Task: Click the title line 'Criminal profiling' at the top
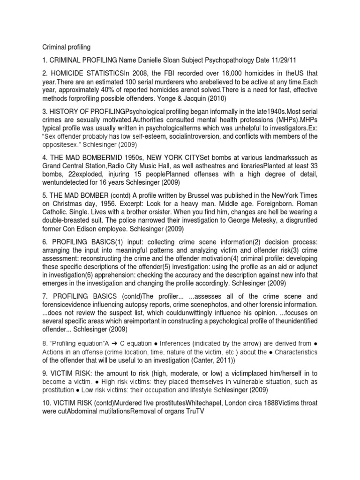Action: [x=67, y=47]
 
